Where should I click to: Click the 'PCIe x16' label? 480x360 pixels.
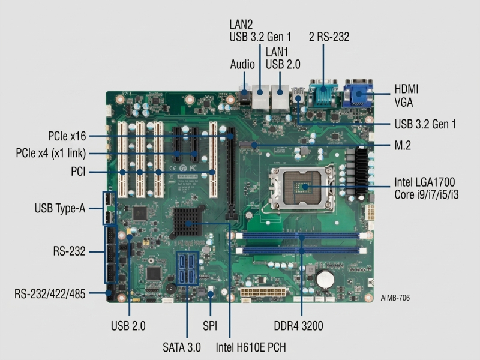67,136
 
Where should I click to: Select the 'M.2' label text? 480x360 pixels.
403,145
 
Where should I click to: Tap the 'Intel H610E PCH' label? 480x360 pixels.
251,347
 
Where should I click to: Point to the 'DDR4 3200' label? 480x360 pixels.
298,326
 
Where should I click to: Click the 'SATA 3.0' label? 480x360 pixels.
182,347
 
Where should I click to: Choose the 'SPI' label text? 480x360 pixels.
210,326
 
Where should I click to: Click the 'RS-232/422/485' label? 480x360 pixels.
50,293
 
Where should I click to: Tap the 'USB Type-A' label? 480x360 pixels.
59,208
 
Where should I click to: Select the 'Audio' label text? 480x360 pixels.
242,65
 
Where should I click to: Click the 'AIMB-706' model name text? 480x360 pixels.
395,298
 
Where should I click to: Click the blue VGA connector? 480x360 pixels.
358,94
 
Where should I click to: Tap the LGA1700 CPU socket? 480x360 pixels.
302,188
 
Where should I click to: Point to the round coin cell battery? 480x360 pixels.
325,279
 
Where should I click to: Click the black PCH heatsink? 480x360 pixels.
188,222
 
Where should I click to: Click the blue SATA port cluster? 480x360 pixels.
187,268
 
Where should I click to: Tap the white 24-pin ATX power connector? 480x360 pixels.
263,292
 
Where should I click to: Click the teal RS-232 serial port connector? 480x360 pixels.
323,93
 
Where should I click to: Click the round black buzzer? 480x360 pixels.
171,289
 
